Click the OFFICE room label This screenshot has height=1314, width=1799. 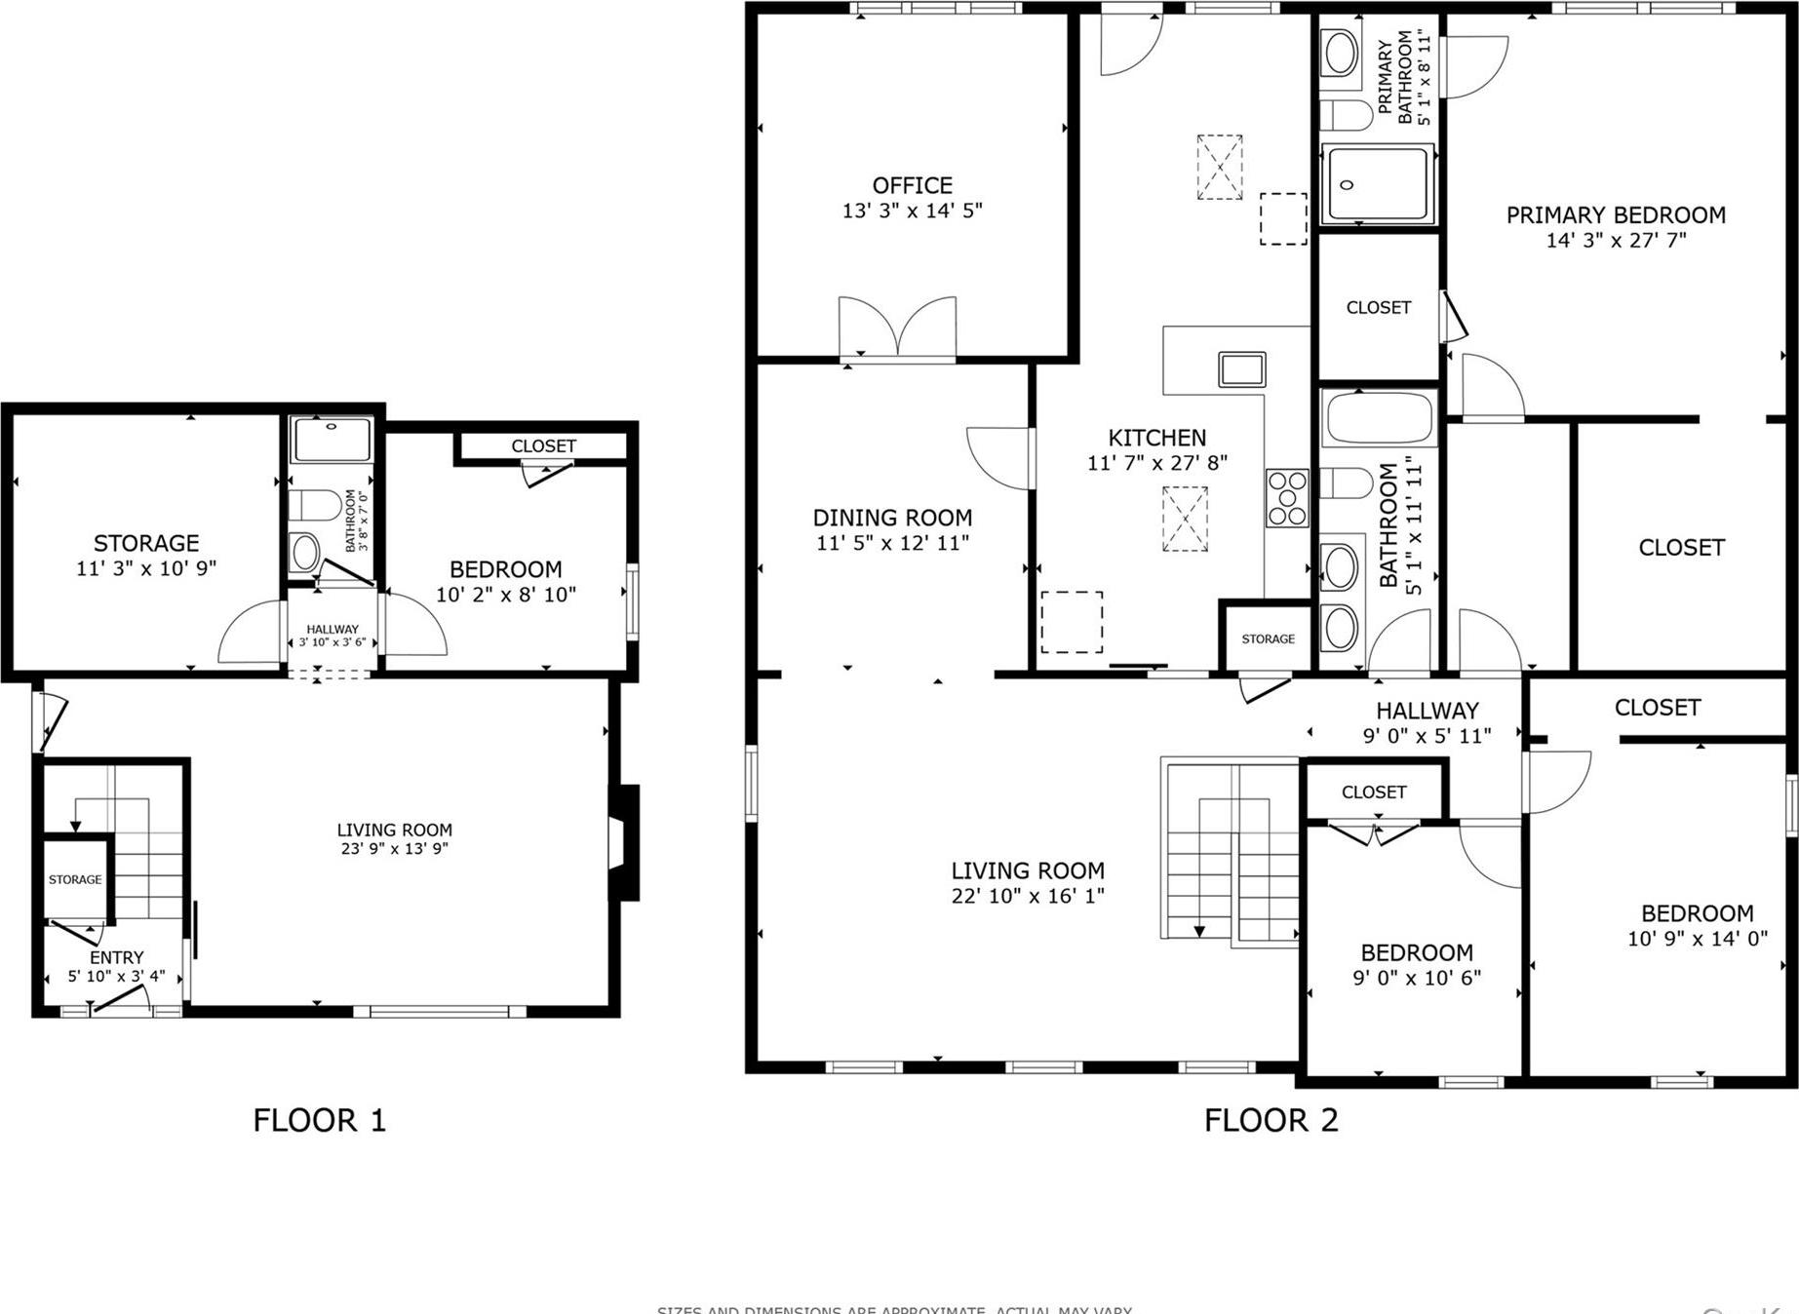[912, 185]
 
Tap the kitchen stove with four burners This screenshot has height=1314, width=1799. [1286, 498]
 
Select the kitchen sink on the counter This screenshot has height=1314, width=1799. [1241, 370]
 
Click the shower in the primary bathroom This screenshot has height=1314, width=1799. [1378, 184]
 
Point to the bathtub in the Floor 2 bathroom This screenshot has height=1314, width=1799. [1379, 418]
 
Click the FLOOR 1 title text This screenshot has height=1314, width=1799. [319, 1120]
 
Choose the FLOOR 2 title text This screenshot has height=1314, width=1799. [1271, 1120]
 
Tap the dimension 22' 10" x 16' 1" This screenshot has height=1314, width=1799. [1028, 896]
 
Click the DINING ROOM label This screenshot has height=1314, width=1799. [892, 518]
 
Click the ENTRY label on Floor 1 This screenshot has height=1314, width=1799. [116, 957]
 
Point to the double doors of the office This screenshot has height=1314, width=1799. [897, 328]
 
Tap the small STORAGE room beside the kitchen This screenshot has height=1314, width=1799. [1268, 638]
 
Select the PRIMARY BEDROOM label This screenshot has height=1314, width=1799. [1616, 215]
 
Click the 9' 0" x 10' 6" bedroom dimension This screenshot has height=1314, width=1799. [1417, 978]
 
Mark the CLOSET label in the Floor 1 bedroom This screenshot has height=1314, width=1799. [543, 445]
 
